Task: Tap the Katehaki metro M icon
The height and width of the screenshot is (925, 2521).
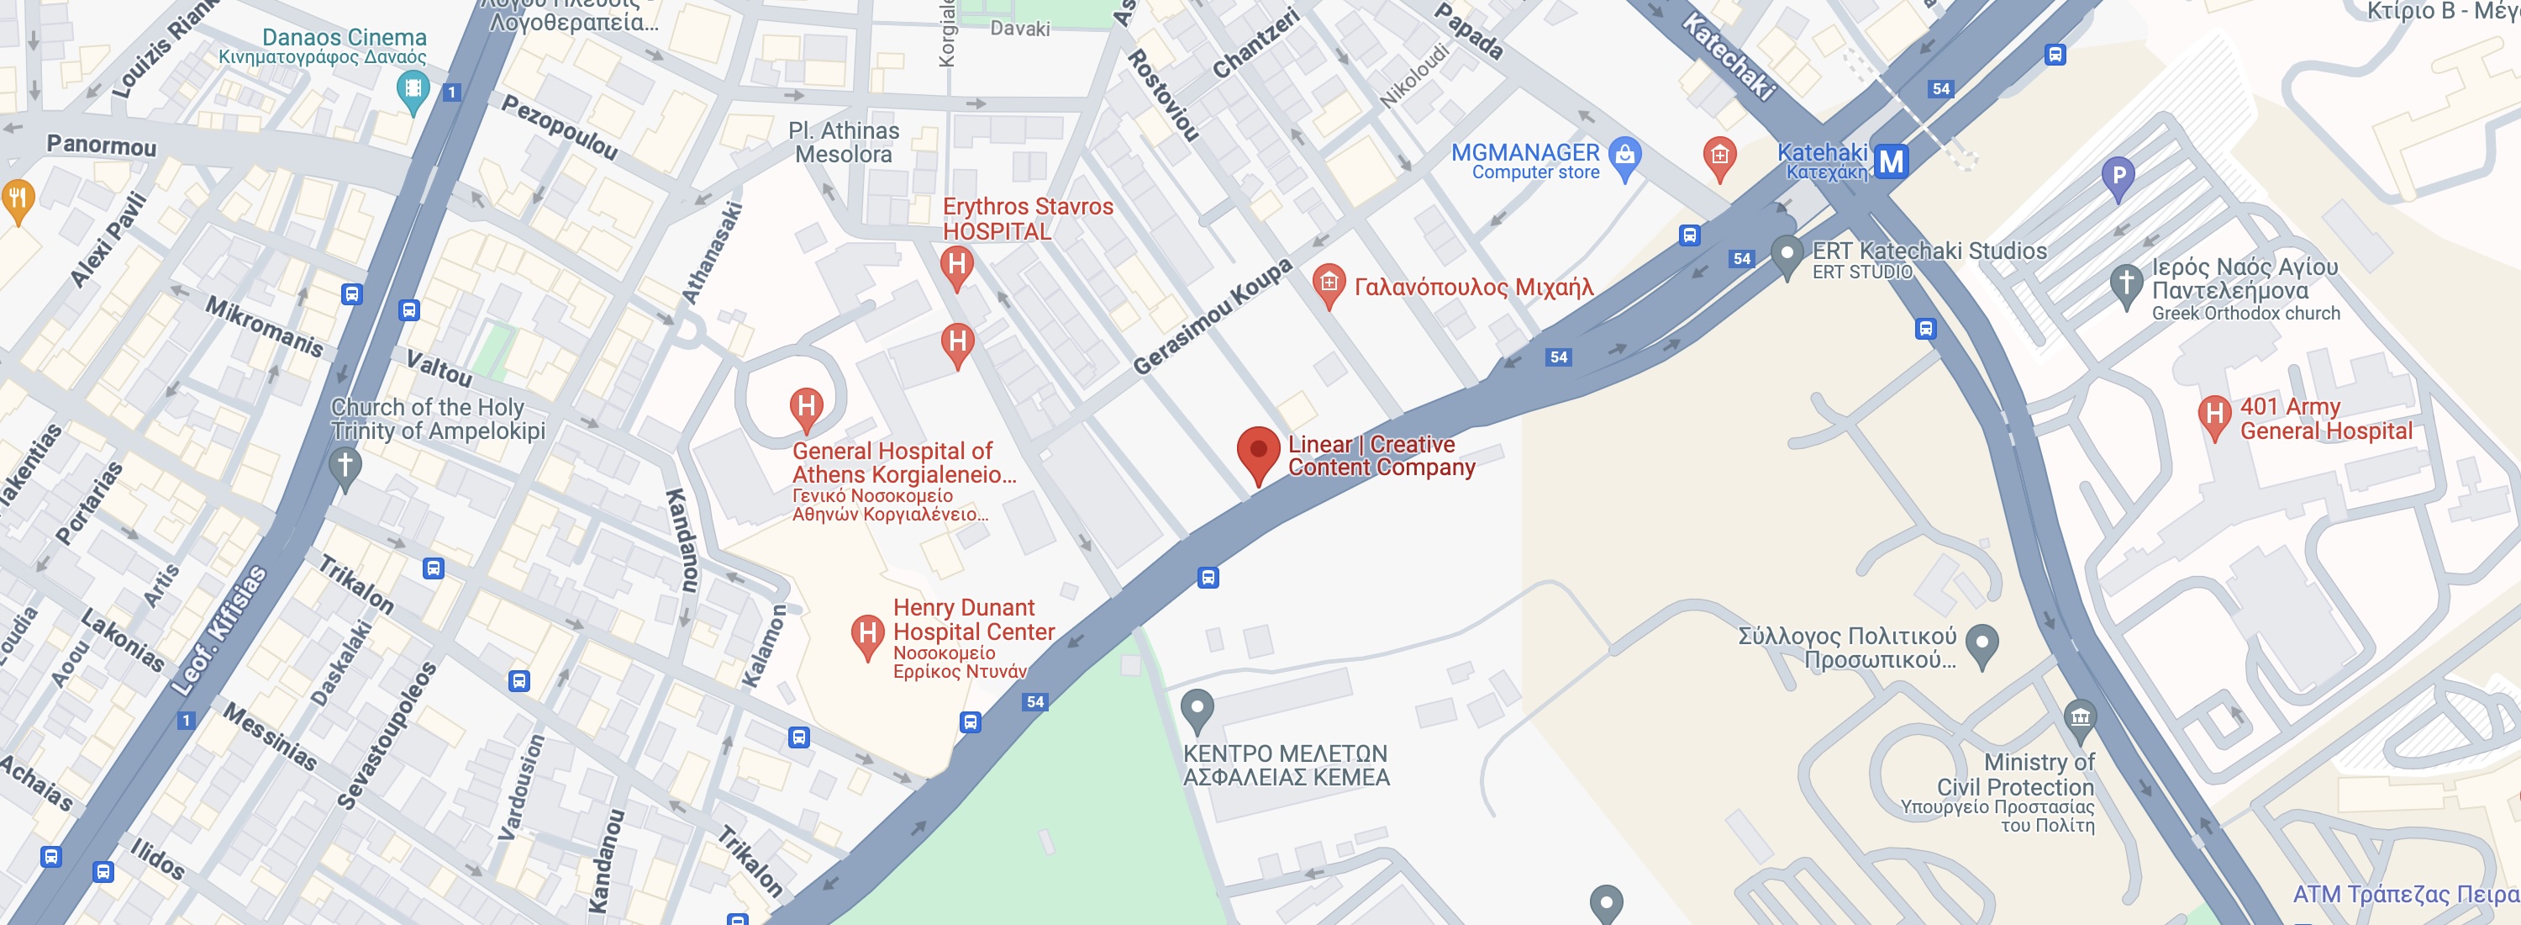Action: (x=1891, y=161)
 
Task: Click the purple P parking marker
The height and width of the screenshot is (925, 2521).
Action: (x=2118, y=177)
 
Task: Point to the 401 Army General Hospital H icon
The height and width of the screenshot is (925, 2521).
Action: (x=2213, y=415)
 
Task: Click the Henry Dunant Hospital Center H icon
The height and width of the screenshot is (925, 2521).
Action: (x=867, y=634)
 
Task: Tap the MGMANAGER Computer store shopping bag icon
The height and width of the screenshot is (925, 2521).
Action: (x=1624, y=155)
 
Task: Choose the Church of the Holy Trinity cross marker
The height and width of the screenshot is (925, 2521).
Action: (x=345, y=465)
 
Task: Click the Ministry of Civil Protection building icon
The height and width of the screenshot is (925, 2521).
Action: (x=2080, y=718)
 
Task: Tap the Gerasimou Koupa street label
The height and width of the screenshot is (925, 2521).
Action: (x=1212, y=317)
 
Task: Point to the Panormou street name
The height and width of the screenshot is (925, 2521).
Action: (x=102, y=145)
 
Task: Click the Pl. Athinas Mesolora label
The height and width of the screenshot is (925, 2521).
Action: (x=844, y=143)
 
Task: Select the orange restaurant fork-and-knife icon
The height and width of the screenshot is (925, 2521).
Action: (x=18, y=198)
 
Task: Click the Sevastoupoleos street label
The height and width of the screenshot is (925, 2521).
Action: (x=386, y=736)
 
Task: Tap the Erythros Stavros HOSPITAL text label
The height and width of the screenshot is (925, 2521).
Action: (x=1028, y=219)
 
